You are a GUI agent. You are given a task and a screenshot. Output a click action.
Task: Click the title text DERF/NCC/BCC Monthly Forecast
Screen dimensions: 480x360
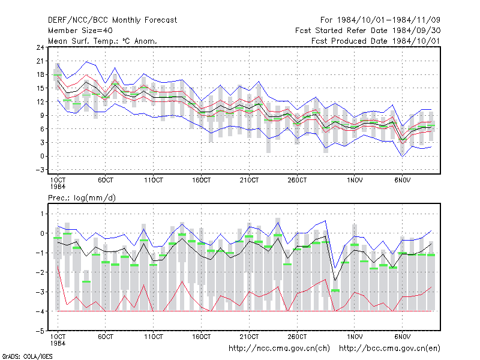click(112, 20)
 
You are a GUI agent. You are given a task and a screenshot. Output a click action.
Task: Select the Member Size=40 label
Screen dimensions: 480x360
click(80, 31)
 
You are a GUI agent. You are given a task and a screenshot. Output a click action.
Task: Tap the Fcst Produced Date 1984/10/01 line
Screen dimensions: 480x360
click(376, 41)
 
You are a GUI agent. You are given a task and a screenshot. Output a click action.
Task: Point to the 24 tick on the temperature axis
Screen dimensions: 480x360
click(40, 47)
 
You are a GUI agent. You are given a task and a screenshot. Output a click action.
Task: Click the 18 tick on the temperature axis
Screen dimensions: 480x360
click(40, 74)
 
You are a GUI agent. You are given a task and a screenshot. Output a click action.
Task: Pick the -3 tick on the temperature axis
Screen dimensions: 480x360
click(40, 170)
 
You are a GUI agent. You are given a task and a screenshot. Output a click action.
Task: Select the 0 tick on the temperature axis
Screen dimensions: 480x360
click(43, 156)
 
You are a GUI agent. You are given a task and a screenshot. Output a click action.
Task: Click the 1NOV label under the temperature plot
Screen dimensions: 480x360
click(355, 180)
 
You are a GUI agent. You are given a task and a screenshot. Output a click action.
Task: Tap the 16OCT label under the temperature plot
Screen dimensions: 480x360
click(202, 180)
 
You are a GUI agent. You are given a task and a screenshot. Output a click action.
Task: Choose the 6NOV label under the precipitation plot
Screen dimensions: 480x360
click(402, 337)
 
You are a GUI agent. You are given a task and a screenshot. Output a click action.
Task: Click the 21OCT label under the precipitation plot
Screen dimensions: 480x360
click(249, 337)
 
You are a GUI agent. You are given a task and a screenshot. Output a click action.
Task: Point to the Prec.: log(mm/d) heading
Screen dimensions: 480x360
click(82, 198)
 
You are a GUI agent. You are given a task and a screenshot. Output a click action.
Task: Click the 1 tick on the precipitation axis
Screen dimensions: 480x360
click(43, 214)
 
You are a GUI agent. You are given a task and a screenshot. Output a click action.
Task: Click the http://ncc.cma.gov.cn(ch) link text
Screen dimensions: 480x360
click(279, 349)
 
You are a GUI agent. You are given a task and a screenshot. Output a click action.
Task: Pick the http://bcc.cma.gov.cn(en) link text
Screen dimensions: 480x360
click(389, 349)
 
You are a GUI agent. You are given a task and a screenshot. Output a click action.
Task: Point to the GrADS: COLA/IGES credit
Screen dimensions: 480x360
click(27, 356)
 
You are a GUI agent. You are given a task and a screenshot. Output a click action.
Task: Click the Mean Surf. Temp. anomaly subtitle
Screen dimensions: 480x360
click(103, 41)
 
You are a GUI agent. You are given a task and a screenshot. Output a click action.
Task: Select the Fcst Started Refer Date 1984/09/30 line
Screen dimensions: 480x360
click(368, 31)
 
